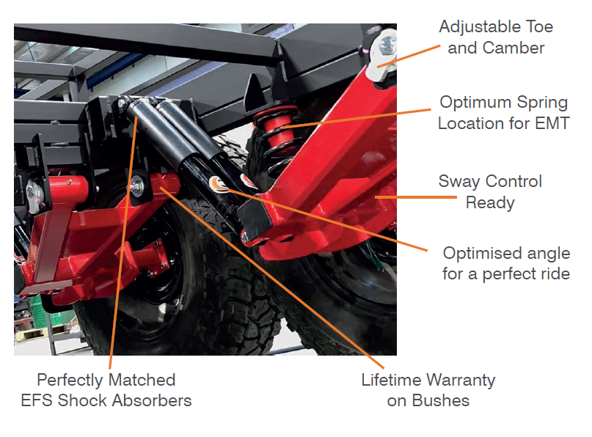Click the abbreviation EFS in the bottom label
pyautogui.click(x=37, y=400)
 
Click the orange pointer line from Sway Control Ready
pyautogui.click(x=416, y=197)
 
